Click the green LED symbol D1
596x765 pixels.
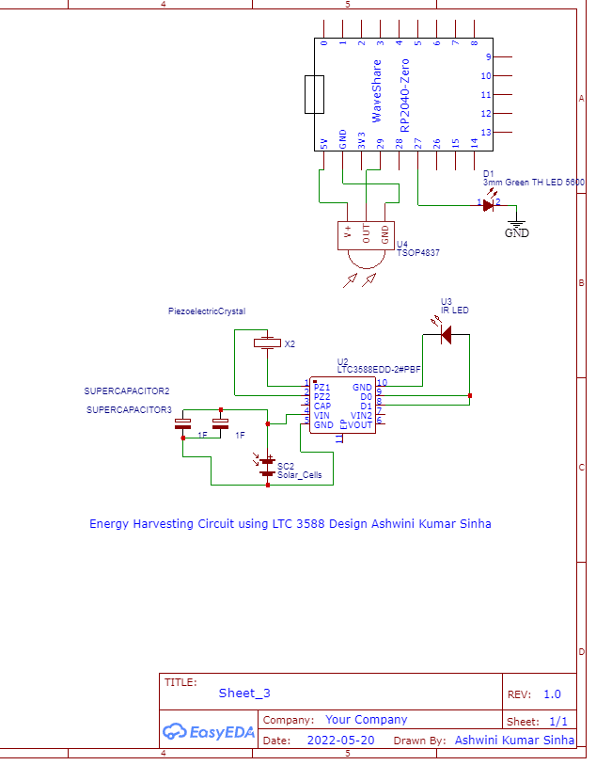tap(488, 203)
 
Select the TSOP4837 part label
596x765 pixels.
tap(418, 253)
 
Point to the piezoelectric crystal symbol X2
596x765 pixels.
tap(268, 343)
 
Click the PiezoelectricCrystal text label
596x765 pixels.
tap(206, 311)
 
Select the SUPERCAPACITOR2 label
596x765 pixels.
tap(127, 390)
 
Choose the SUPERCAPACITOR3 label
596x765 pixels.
tap(129, 410)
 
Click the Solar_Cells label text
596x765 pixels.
tap(299, 475)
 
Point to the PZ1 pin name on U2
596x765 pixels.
tap(322, 387)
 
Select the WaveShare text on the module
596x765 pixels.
tap(377, 90)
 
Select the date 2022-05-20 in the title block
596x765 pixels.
tap(340, 741)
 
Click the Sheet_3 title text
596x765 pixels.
tap(244, 693)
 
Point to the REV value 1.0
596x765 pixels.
tap(552, 694)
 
